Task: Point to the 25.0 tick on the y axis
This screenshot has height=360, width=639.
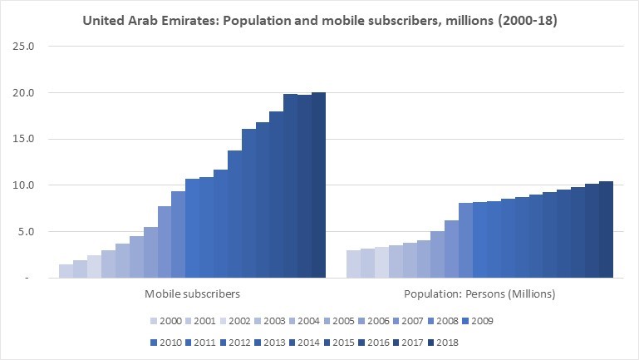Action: (23, 47)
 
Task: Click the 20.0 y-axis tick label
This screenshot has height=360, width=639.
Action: (23, 93)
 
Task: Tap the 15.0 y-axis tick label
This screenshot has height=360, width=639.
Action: (23, 139)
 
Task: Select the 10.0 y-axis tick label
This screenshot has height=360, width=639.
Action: (23, 185)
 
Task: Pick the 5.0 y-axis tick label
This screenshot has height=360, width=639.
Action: (26, 232)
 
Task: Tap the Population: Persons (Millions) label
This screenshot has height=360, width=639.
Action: (479, 293)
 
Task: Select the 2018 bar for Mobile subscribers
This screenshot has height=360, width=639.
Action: (318, 185)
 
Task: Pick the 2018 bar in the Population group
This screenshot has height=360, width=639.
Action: (606, 229)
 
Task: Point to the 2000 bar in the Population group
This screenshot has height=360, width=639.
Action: (353, 264)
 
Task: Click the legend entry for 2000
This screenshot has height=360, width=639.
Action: (165, 320)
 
